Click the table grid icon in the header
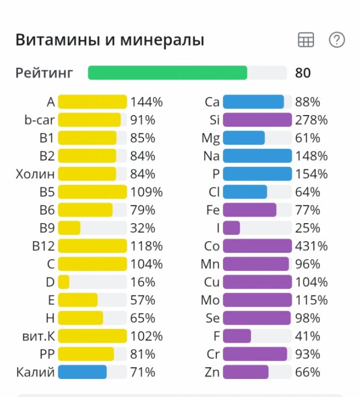click(306, 40)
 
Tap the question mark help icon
click(337, 40)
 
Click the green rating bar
click(167, 73)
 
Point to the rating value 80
click(303, 73)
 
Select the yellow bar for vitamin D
click(64, 282)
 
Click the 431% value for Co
click(311, 246)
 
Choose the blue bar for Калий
click(82, 372)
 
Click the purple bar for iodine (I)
click(231, 228)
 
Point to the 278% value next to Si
click(311, 120)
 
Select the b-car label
click(39, 120)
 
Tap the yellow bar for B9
click(69, 228)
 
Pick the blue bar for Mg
click(244, 138)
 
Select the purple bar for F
click(237, 336)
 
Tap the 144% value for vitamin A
click(146, 102)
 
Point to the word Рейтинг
click(44, 73)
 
